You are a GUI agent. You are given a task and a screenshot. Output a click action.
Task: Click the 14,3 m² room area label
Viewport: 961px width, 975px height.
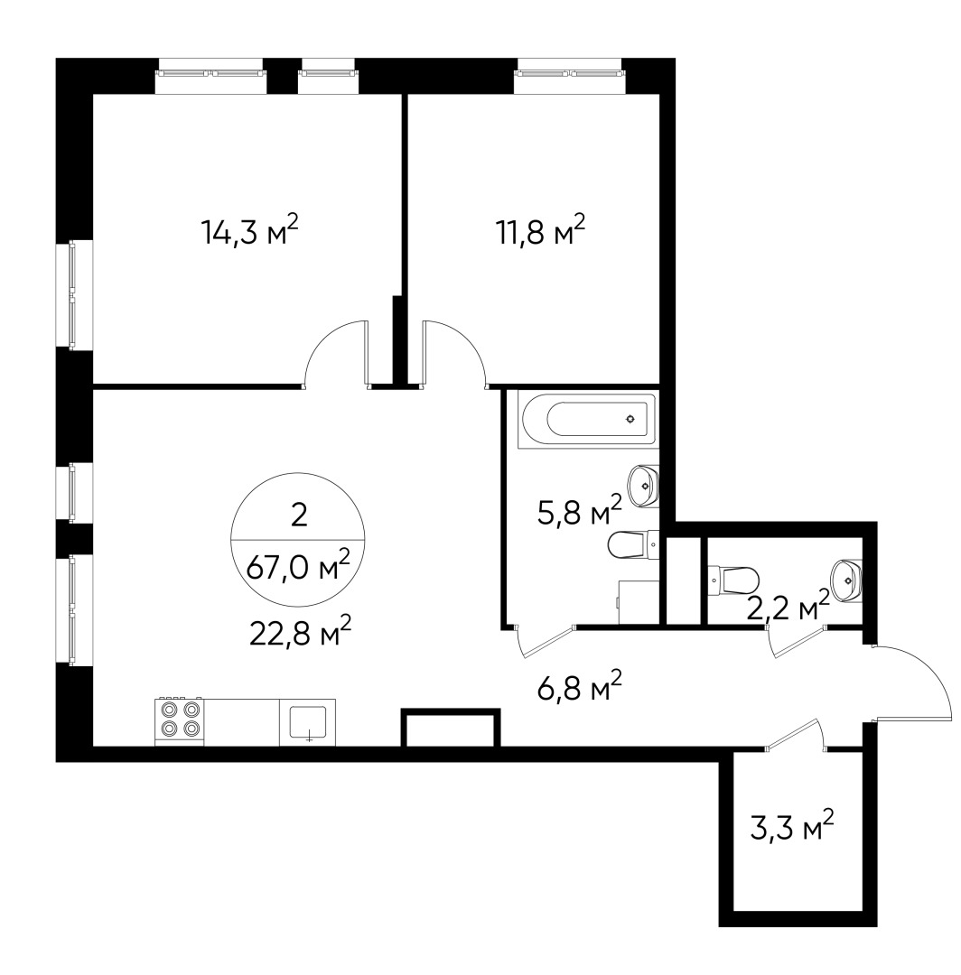[x=249, y=232]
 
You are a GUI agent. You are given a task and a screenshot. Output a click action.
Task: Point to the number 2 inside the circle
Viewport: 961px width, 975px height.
[x=299, y=515]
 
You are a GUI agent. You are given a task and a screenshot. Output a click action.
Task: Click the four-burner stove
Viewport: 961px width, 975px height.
[x=180, y=720]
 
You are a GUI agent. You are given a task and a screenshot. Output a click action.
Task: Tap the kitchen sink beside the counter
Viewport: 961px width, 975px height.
[x=307, y=722]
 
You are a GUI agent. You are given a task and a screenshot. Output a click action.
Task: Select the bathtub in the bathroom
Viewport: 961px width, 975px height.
[x=586, y=419]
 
